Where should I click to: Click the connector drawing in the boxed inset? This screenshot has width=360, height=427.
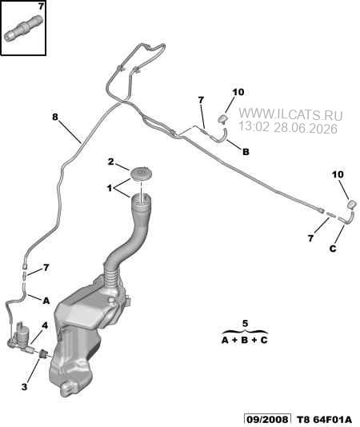(x=24, y=28)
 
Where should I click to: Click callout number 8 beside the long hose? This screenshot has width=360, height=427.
(x=55, y=117)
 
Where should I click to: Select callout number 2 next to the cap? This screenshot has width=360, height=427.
(x=110, y=162)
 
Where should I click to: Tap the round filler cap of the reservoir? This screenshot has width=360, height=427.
(x=141, y=174)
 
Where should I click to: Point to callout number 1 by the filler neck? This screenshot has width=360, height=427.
(x=110, y=188)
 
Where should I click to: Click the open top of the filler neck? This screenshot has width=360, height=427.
(x=141, y=199)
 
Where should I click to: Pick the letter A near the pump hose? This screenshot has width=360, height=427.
(x=46, y=301)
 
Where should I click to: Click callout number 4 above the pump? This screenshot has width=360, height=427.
(x=45, y=325)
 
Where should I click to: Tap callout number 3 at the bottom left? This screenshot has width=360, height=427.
(x=24, y=387)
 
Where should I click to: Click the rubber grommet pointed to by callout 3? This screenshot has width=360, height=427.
(x=43, y=354)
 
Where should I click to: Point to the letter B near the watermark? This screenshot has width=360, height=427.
(x=246, y=152)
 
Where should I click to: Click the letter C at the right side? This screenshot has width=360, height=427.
(x=333, y=249)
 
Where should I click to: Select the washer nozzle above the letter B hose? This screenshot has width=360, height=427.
(x=223, y=118)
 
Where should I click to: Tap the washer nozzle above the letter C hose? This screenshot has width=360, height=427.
(x=352, y=204)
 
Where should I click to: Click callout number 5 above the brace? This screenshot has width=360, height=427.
(x=245, y=324)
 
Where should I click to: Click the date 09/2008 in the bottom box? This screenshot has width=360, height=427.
(x=267, y=419)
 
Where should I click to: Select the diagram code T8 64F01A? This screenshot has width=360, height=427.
(x=324, y=419)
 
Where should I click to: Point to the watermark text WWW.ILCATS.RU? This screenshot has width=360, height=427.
(x=290, y=114)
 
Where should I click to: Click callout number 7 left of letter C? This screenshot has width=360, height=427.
(x=310, y=238)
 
